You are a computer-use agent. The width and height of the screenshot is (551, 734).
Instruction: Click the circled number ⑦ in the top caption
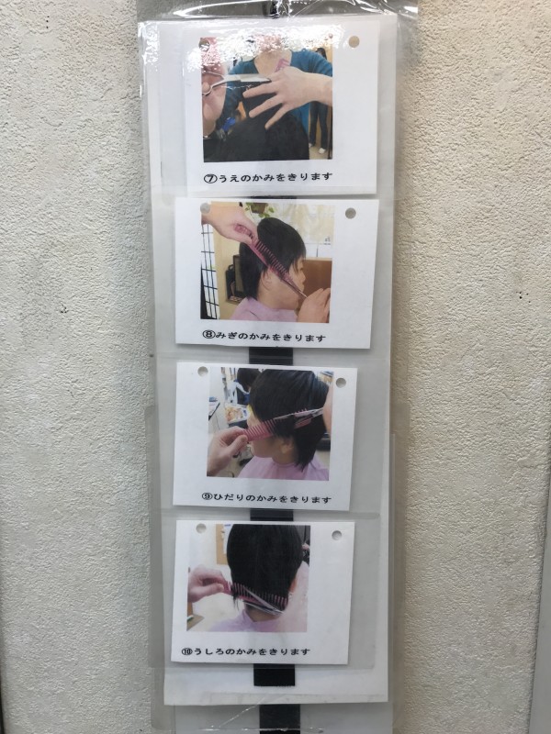click(210, 178)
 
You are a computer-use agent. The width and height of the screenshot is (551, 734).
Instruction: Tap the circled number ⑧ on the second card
click(208, 334)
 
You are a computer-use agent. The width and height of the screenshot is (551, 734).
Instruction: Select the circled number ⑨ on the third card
click(208, 496)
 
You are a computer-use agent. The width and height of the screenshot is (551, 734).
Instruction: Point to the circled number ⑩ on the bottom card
click(187, 651)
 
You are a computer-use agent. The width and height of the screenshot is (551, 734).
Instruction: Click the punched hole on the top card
click(354, 41)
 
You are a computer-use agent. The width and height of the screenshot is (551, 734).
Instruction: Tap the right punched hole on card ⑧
click(351, 214)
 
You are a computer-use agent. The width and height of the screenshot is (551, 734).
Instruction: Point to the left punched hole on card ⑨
click(203, 372)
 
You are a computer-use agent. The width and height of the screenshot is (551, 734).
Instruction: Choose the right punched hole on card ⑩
click(336, 535)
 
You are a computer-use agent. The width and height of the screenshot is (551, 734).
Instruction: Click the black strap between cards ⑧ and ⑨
click(271, 356)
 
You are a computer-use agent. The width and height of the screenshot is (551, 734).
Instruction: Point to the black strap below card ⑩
click(275, 674)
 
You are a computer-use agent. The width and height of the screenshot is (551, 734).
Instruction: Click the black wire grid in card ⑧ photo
click(210, 272)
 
